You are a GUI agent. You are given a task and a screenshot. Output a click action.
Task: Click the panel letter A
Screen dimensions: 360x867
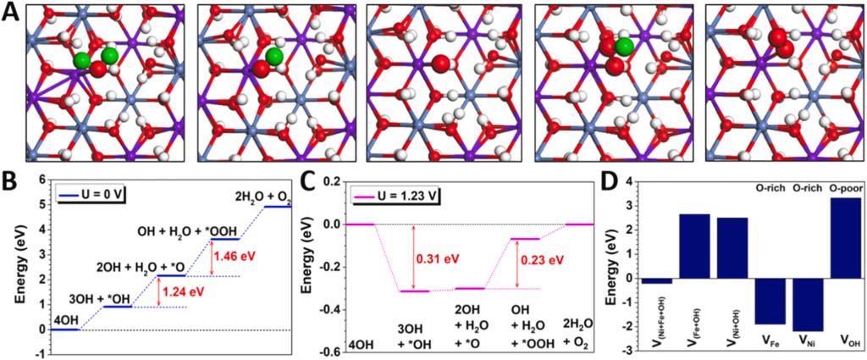point(12,14)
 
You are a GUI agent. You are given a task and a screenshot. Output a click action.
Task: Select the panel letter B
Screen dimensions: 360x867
point(11,180)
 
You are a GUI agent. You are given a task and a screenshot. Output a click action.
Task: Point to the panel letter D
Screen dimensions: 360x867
point(606,180)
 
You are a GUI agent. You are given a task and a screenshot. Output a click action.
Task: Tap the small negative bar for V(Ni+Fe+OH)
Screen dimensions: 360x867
point(657,280)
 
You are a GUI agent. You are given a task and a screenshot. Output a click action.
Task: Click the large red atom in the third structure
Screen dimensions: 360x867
point(441,64)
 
